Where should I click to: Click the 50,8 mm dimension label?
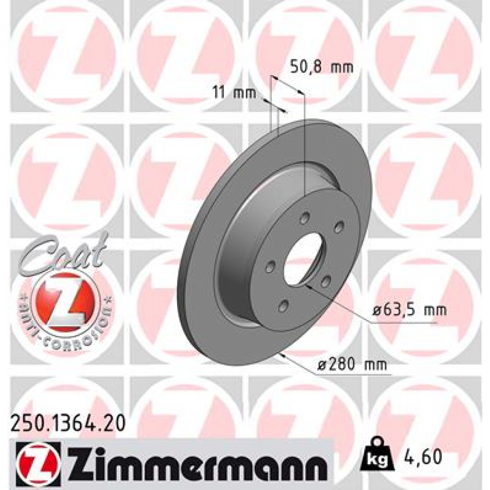click(322, 67)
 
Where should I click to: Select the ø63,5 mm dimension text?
click(409, 310)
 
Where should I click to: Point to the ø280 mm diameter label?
click(352, 366)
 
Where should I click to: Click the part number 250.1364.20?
click(68, 423)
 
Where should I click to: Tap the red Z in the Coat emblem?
click(65, 301)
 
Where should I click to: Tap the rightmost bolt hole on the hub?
click(339, 226)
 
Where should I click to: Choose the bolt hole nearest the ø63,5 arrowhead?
click(325, 282)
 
